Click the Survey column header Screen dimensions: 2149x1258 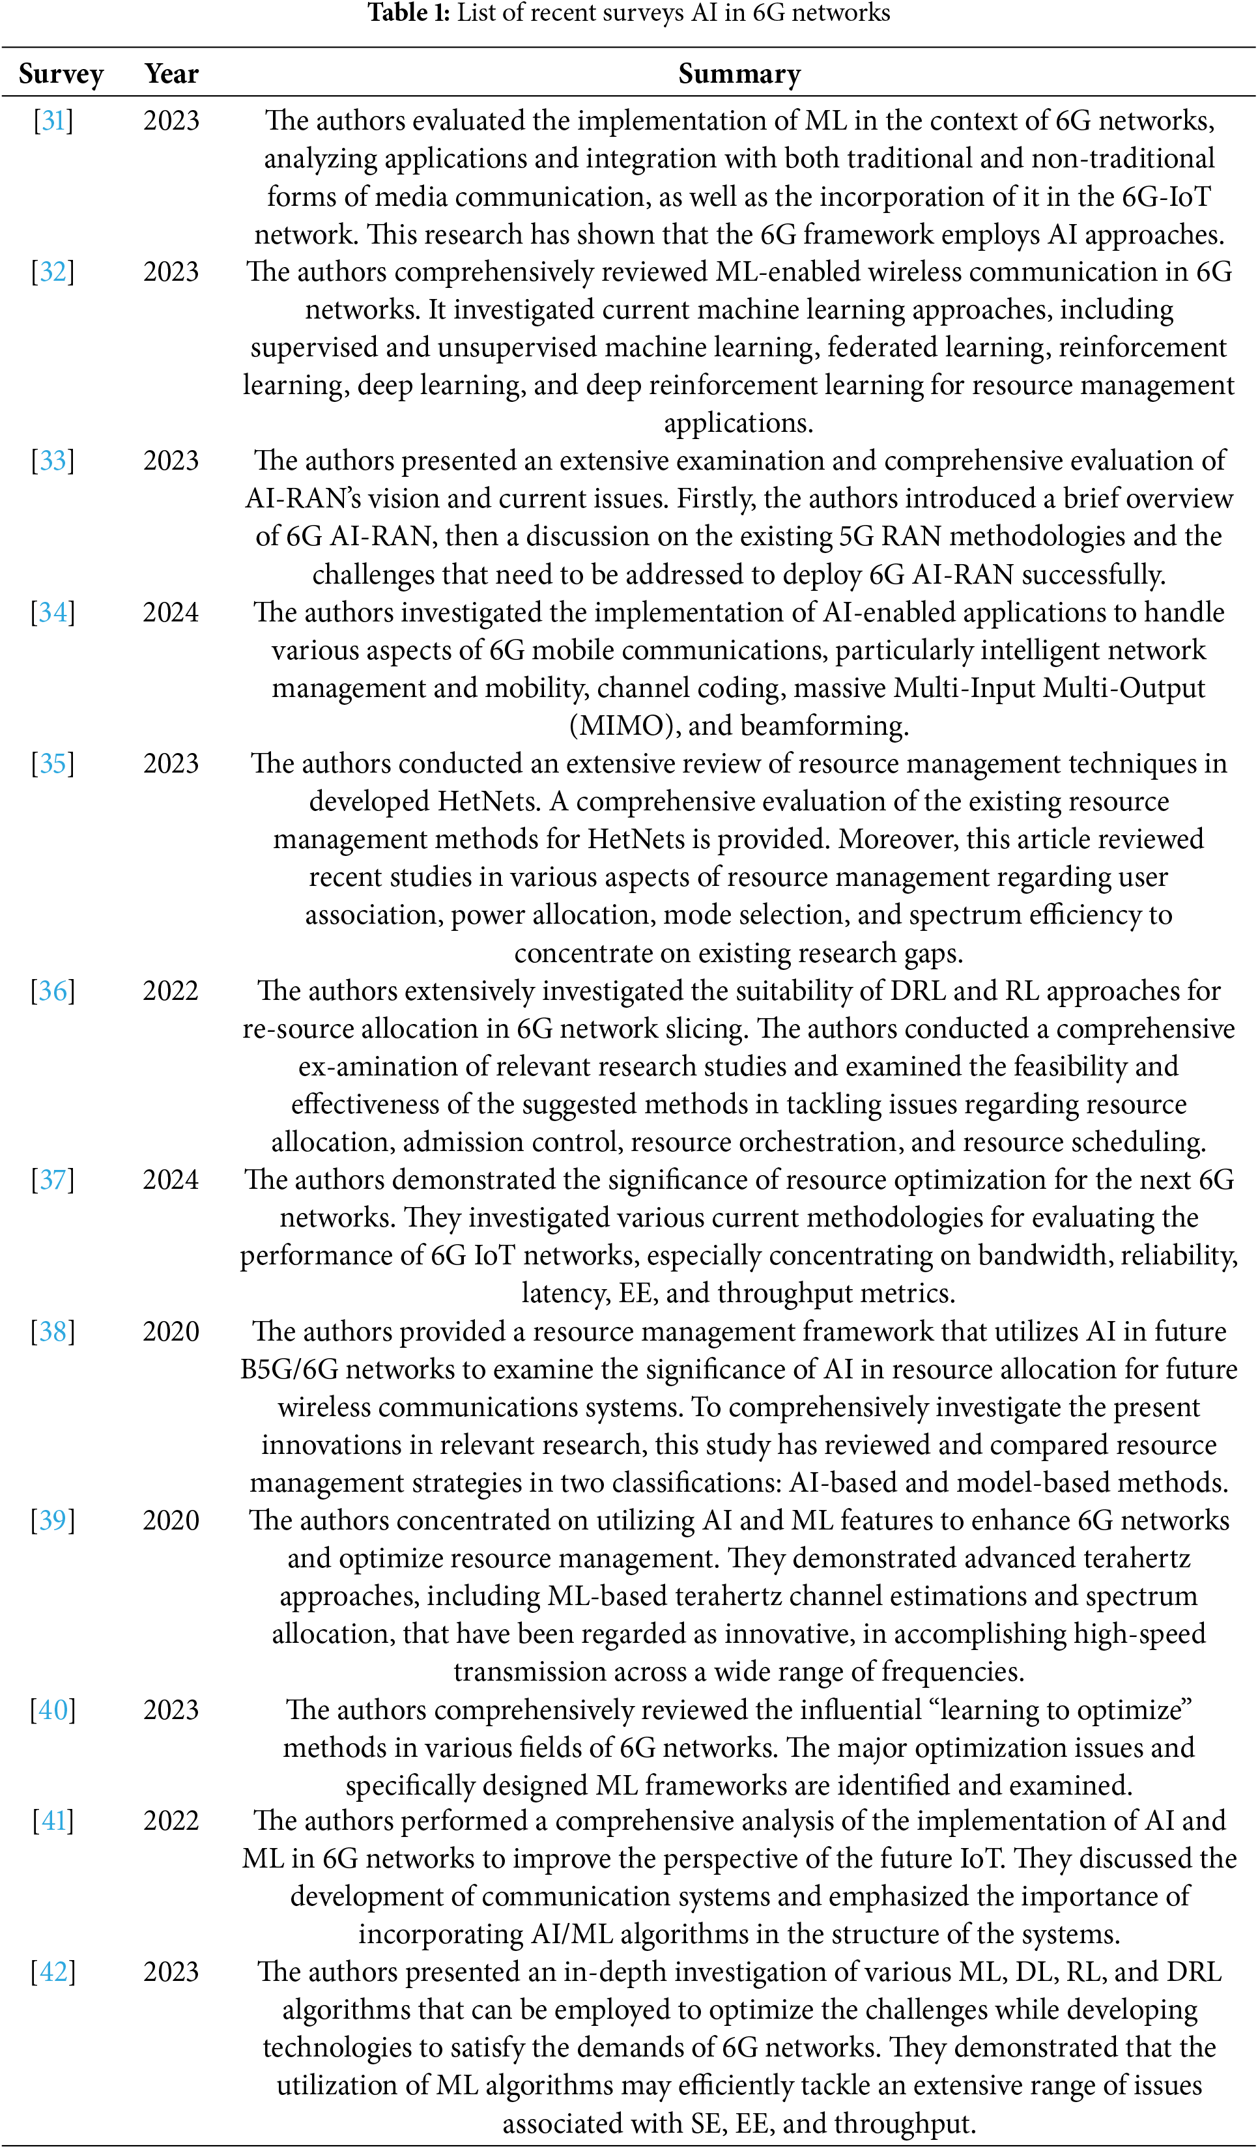click(x=61, y=74)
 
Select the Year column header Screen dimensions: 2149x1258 click(x=171, y=74)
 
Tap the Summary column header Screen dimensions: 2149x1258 click(x=739, y=74)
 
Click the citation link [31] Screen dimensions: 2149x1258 click(x=53, y=121)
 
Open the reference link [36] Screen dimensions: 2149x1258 click(x=53, y=991)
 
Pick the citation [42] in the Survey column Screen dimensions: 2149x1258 click(x=53, y=1972)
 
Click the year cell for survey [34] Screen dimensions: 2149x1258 click(x=171, y=612)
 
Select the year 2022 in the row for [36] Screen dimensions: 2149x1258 click(x=171, y=991)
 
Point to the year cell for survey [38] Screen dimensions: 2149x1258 click(x=171, y=1331)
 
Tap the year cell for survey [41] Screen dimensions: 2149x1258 click(x=171, y=1821)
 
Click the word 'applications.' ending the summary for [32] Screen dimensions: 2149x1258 click(x=739, y=423)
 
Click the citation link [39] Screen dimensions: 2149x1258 click(x=53, y=1520)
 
